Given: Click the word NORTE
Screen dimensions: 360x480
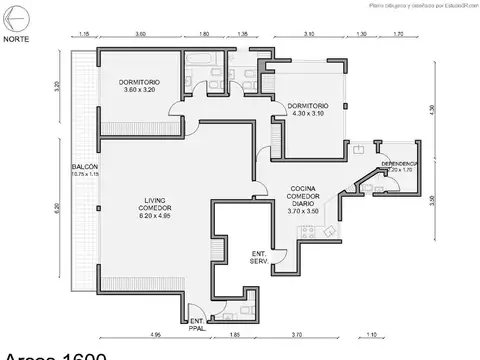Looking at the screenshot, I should pyautogui.click(x=16, y=39).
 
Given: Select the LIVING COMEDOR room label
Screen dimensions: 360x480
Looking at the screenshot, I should pyautogui.click(x=154, y=206).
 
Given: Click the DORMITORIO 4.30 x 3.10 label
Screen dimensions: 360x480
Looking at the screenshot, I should pyautogui.click(x=306, y=109).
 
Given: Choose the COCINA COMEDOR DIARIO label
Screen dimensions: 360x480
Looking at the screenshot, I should pyautogui.click(x=304, y=199).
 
